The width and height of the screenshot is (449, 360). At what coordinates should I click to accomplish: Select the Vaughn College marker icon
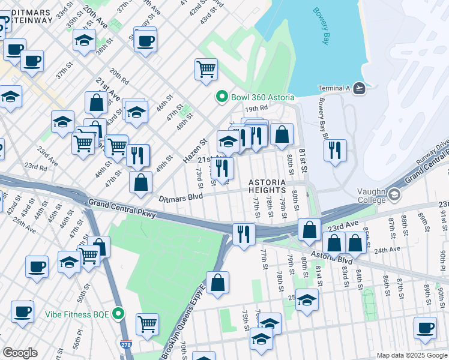pyautogui.click(x=394, y=194)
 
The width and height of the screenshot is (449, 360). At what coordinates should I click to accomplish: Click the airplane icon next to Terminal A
pyautogui.click(x=359, y=88)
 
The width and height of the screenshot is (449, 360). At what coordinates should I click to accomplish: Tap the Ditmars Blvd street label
pyautogui.click(x=181, y=197)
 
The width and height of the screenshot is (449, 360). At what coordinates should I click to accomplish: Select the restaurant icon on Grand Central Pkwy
pyautogui.click(x=243, y=233)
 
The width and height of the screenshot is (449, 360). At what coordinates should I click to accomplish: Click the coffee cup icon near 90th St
pyautogui.click(x=425, y=327)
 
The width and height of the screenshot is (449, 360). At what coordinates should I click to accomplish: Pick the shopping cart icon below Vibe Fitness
pyautogui.click(x=147, y=323)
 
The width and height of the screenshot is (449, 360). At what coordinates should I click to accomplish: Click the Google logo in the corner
pyautogui.click(x=20, y=353)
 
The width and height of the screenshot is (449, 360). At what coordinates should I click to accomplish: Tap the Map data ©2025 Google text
pyautogui.click(x=411, y=355)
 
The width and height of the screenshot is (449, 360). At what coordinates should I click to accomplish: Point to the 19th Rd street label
pyautogui.click(x=255, y=109)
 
